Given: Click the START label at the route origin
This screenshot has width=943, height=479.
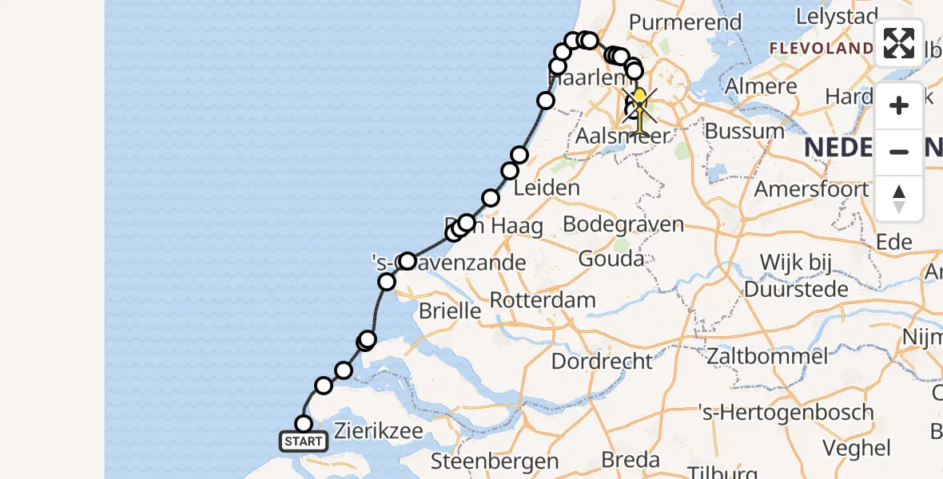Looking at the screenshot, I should (x=304, y=441).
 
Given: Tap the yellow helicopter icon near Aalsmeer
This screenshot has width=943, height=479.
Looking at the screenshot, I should (x=639, y=109).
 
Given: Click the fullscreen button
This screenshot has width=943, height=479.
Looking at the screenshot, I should (x=899, y=43).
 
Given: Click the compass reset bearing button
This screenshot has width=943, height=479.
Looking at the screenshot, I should (x=899, y=199).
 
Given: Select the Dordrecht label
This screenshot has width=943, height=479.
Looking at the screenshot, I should (x=602, y=361).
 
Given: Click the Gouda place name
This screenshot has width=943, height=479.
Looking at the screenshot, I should (x=611, y=259).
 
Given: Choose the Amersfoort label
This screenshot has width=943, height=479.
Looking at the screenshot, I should (x=812, y=189).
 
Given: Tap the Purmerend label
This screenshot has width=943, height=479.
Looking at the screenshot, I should (x=686, y=22).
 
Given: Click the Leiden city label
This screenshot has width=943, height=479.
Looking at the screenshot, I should (x=547, y=188).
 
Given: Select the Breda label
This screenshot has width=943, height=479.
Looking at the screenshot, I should (x=631, y=460).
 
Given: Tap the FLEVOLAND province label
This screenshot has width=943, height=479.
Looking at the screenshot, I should (x=822, y=49).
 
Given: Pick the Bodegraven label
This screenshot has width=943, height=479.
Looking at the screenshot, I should (x=623, y=224).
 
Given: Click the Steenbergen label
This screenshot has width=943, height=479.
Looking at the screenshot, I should (x=495, y=461).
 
